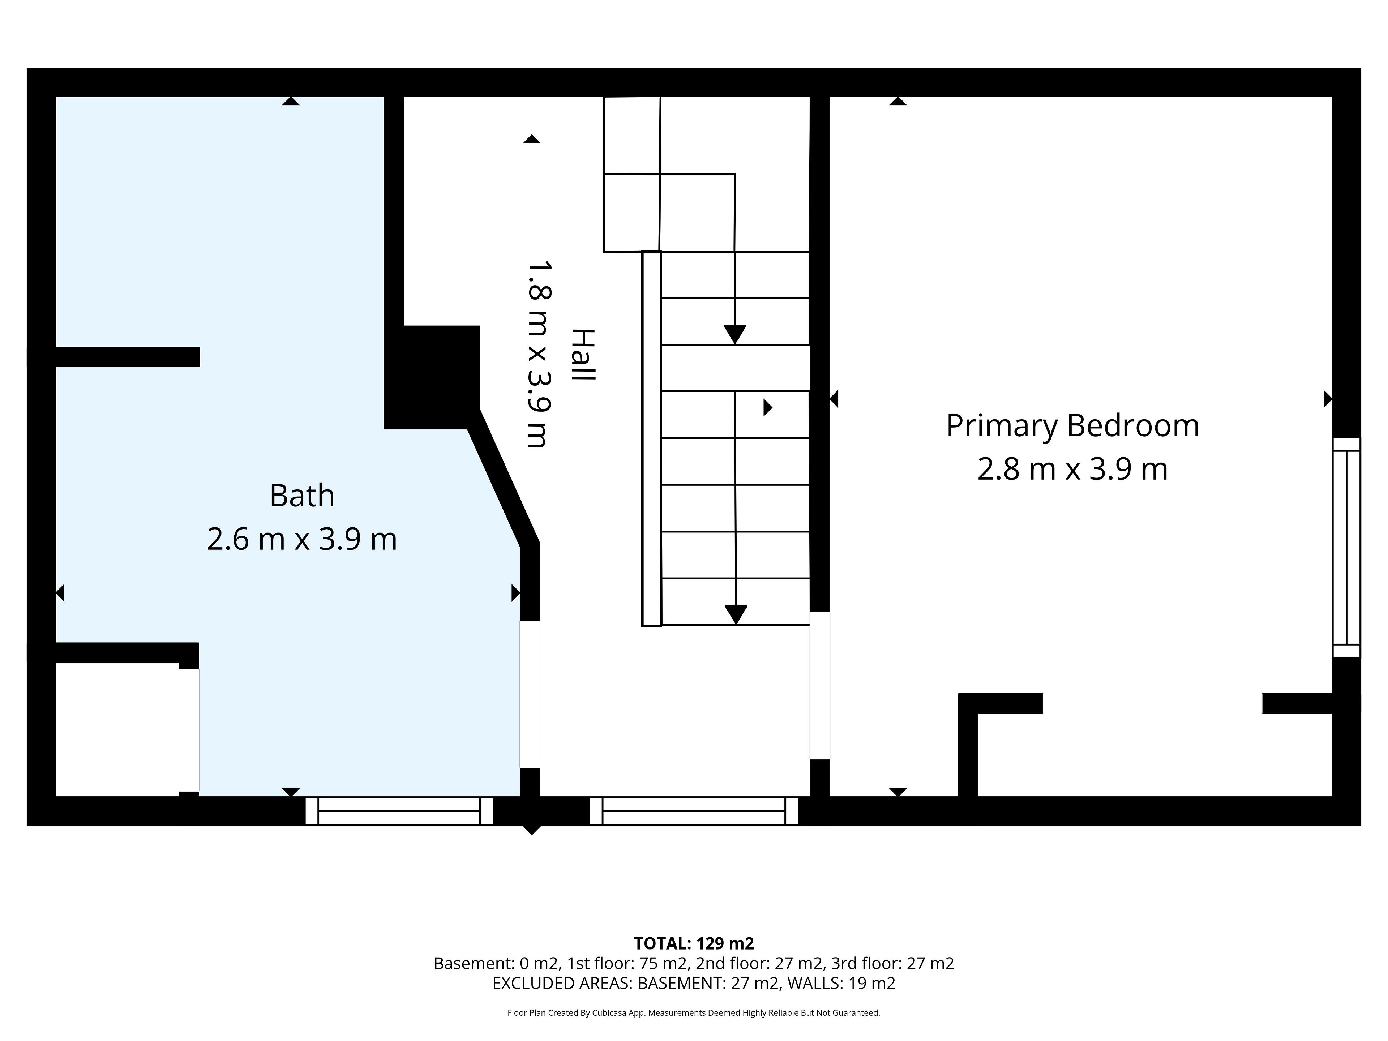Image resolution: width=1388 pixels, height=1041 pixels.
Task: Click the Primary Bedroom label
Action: click(1072, 427)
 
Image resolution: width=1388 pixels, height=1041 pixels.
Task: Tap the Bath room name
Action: click(302, 496)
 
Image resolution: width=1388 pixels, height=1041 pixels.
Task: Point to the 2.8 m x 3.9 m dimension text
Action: click(1072, 470)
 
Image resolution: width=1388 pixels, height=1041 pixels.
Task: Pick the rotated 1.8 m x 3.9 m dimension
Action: click(538, 355)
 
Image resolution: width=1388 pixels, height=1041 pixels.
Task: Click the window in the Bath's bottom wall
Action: click(399, 811)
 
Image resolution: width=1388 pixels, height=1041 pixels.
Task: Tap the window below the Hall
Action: click(694, 811)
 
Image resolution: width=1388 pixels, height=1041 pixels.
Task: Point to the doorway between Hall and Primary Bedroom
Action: click(819, 686)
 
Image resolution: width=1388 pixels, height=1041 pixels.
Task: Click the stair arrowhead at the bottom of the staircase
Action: click(736, 615)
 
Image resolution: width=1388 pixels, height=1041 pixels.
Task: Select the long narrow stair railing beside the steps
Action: click(651, 438)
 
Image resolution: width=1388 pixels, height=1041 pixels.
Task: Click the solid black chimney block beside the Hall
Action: click(432, 377)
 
